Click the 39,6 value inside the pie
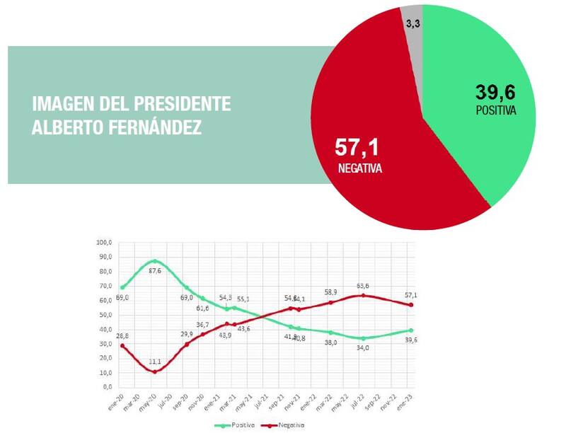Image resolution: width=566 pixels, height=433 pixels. tap(495, 93)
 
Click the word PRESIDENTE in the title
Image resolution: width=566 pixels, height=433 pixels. tap(187, 104)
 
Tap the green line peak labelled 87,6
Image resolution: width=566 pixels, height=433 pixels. tap(155, 261)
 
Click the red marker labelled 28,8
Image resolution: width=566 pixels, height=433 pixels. tap(123, 345)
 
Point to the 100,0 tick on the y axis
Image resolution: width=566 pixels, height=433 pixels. tap(104, 243)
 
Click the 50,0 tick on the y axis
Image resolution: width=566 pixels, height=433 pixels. tap(105, 315)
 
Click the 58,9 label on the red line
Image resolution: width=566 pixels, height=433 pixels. tap(331, 291)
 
